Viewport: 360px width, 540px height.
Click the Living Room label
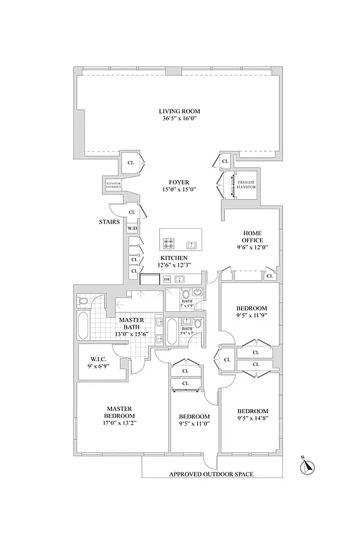point(179,111)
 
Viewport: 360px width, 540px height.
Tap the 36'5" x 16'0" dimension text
point(179,119)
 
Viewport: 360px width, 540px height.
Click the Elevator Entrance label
point(113,184)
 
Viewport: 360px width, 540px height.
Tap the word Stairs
point(109,221)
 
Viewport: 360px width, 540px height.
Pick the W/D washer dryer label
point(132,229)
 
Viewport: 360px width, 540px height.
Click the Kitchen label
point(174,258)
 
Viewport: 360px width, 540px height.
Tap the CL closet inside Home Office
point(269,276)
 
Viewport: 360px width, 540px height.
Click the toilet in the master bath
point(82,300)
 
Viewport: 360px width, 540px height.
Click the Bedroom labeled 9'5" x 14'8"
point(253,411)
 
